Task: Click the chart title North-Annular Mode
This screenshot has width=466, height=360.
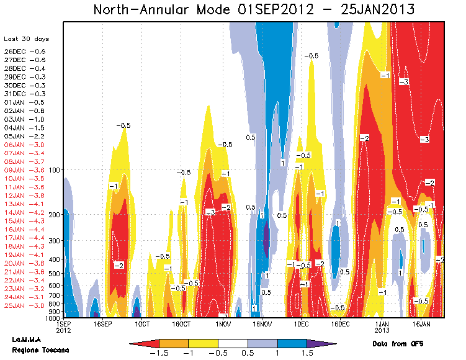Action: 254,9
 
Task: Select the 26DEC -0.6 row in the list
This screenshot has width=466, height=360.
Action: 25,51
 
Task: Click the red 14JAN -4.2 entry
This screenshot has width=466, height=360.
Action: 25,212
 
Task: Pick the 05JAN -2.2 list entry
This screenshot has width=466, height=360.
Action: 25,135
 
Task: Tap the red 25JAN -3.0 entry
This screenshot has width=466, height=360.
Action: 25,305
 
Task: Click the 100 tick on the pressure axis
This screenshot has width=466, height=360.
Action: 52,169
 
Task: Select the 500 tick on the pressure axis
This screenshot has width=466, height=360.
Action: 52,274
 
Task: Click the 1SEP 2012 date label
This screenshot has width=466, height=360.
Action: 63,327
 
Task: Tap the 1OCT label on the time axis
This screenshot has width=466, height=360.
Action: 142,324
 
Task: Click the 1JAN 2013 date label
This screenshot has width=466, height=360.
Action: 381,327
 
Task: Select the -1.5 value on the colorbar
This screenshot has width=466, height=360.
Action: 159,353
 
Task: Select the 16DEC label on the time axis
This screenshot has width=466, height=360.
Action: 341,324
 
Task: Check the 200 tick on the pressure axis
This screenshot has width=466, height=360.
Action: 52,215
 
